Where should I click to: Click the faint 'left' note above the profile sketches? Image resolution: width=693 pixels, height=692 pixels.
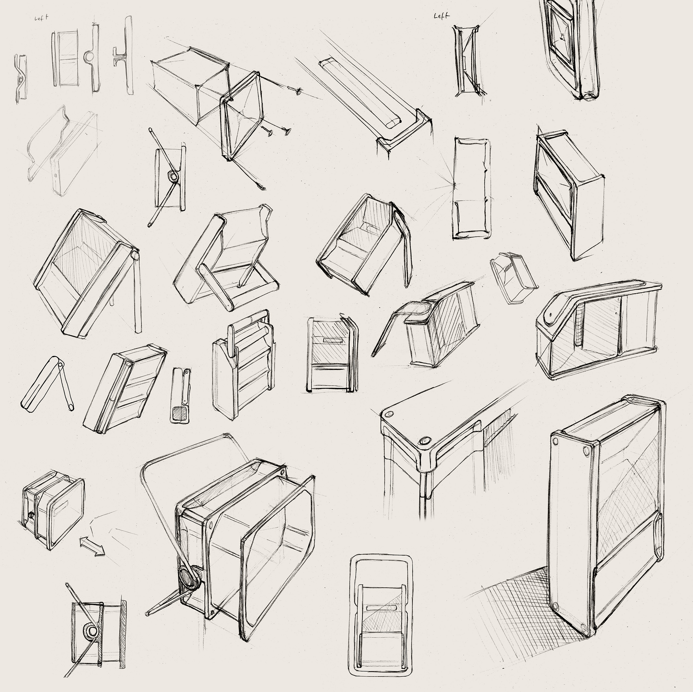point(41,18)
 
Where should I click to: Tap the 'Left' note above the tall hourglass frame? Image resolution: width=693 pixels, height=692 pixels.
point(441,16)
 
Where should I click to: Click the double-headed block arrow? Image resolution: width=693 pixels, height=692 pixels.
point(92,546)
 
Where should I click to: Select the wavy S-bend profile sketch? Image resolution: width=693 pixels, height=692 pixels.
point(21,77)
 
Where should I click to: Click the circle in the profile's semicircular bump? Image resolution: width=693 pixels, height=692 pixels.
point(90,56)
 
